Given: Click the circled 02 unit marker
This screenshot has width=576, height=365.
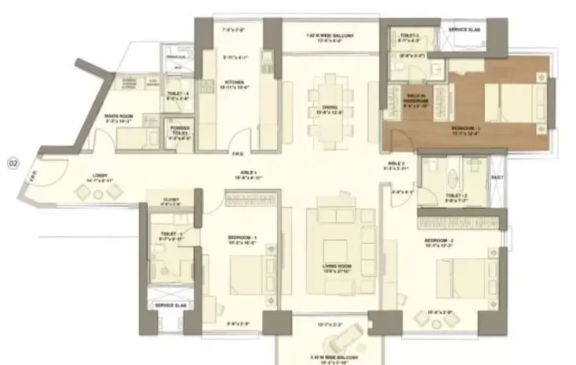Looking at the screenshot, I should click(x=13, y=164).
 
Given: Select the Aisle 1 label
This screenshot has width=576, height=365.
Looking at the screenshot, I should click(x=251, y=175).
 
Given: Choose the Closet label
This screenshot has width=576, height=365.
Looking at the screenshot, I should click(x=171, y=200).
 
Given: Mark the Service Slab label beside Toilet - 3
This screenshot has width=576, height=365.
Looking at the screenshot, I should click(x=464, y=31).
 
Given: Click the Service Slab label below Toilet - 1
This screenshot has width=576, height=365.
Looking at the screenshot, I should click(x=168, y=304).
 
